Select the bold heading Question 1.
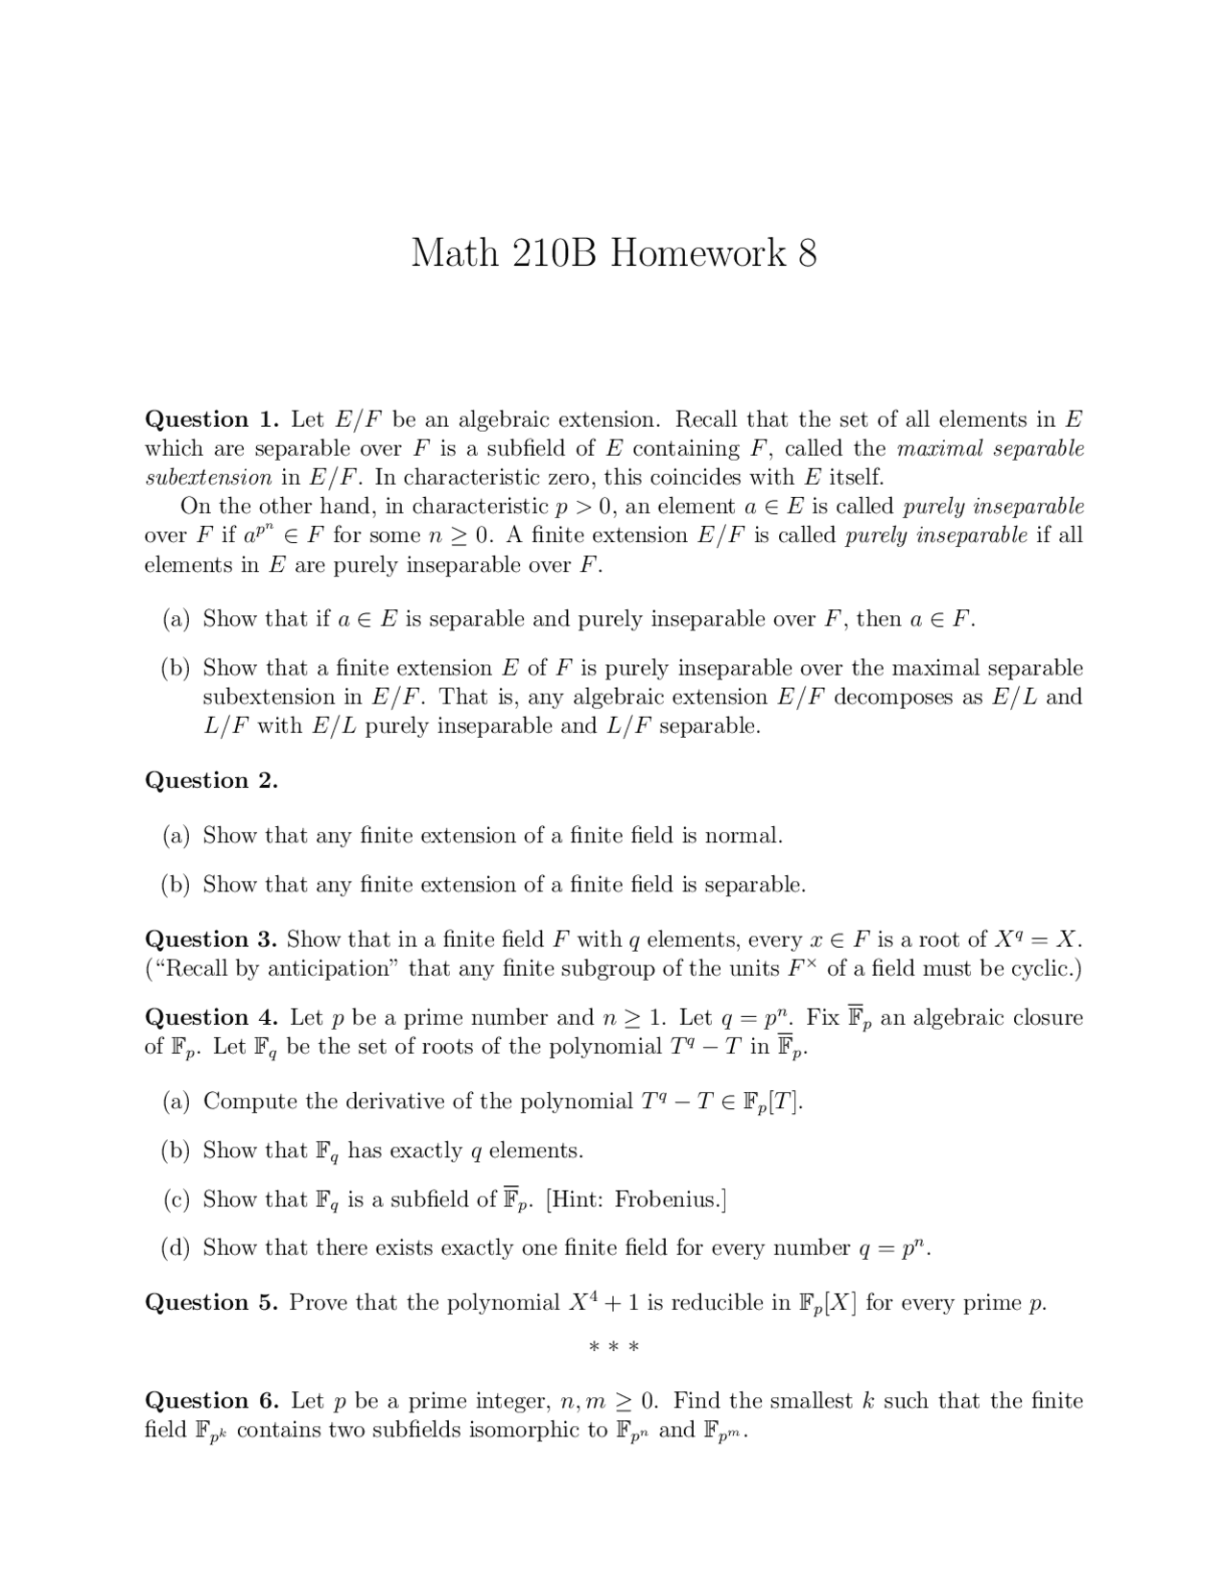click(x=211, y=419)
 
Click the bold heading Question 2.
click(x=211, y=780)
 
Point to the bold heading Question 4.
click(x=211, y=1017)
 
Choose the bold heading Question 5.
click(x=211, y=1302)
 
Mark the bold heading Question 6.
click(x=211, y=1401)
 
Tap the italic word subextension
click(x=208, y=478)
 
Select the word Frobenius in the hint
click(x=667, y=1199)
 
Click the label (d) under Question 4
click(x=176, y=1248)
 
